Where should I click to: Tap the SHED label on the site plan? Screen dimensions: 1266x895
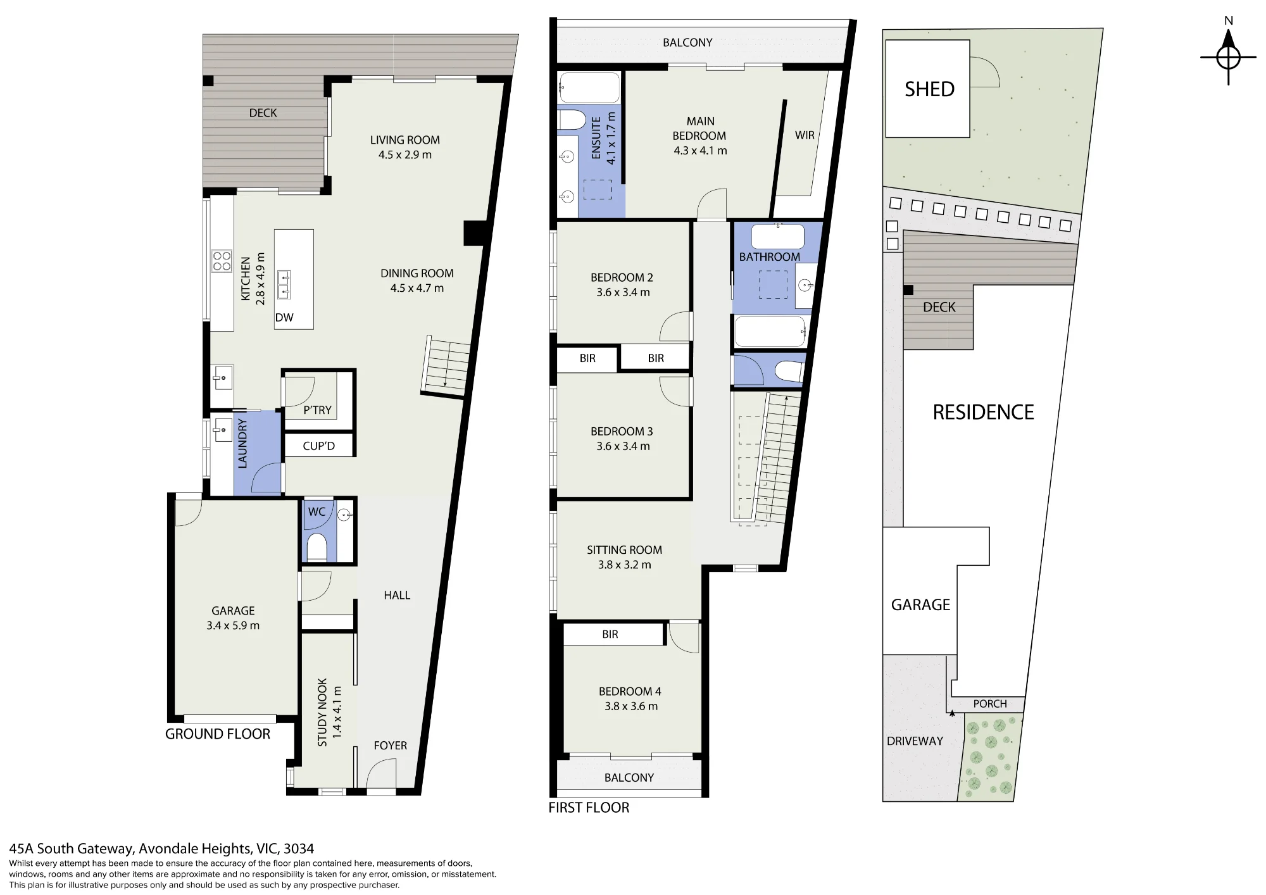point(929,89)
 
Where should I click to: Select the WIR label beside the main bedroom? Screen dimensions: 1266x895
point(805,135)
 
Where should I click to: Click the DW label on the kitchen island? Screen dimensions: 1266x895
point(284,318)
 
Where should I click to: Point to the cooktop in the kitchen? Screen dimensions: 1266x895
point(222,261)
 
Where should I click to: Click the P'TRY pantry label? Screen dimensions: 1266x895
point(317,410)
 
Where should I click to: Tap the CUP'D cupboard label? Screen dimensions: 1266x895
point(318,446)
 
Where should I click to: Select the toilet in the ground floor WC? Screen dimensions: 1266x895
point(316,548)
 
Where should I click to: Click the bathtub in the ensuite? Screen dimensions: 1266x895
point(589,87)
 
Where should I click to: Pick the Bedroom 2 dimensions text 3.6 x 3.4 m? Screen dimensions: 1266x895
point(623,292)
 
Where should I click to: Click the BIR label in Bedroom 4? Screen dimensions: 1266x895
point(610,634)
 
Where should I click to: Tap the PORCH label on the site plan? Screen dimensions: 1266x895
point(990,704)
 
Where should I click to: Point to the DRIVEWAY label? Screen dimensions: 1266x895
point(915,741)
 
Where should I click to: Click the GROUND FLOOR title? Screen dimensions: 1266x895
point(218,734)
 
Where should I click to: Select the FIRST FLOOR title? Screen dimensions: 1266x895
point(589,808)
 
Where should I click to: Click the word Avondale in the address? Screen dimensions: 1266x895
point(168,849)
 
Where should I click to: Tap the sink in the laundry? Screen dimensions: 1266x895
point(223,430)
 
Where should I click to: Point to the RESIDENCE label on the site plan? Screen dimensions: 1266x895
point(984,413)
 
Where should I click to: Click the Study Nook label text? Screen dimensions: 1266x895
point(322,713)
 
